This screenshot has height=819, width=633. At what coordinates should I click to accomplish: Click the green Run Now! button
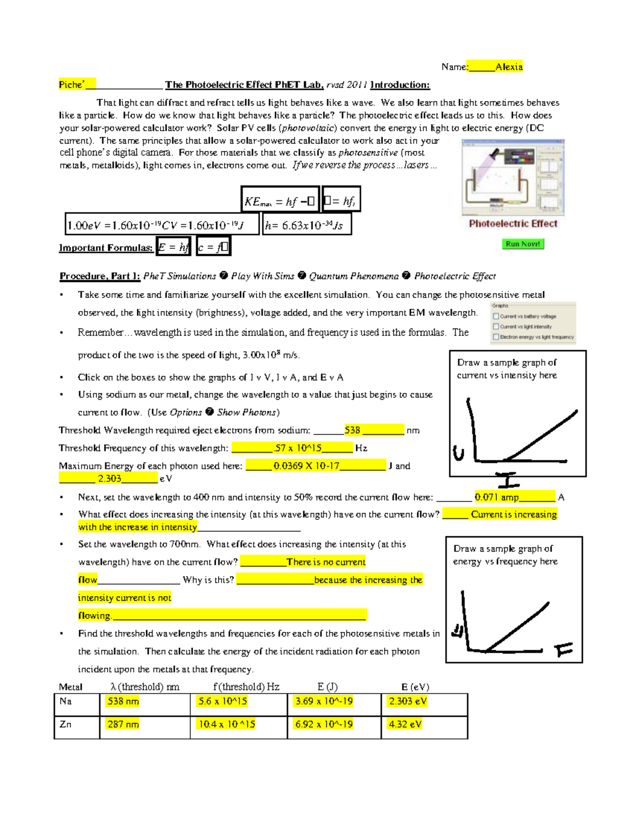522,244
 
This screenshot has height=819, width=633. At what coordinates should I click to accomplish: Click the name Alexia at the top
509,66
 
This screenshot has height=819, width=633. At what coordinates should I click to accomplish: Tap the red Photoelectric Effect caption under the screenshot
513,224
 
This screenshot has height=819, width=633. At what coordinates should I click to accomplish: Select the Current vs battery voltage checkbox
496,316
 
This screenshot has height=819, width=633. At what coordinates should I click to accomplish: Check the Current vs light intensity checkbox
496,326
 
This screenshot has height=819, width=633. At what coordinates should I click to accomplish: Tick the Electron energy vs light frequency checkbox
496,336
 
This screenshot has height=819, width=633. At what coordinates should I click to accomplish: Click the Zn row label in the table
65,724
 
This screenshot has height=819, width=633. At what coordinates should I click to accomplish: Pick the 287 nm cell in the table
123,724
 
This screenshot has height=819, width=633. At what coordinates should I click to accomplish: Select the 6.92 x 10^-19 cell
324,724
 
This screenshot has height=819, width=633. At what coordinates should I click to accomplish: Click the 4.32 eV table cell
405,724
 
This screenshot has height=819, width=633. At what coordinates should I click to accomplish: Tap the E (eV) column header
415,687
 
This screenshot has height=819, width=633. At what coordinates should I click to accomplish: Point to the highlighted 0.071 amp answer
496,497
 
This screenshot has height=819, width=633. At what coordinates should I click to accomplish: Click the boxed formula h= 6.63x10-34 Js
306,225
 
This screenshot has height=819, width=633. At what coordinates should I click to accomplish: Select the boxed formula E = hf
173,247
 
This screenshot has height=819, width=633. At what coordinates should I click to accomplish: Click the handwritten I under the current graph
508,480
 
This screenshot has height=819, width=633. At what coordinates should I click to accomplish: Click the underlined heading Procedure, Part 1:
100,276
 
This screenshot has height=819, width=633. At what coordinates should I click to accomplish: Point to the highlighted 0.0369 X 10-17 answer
306,466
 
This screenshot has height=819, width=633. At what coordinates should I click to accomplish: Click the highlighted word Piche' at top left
72,84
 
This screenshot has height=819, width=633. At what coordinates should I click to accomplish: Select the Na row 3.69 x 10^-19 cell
324,701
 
